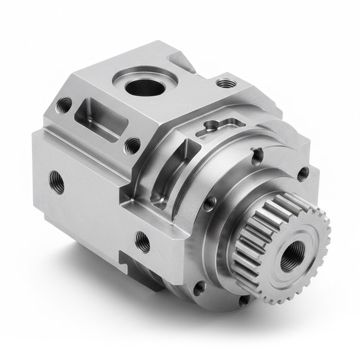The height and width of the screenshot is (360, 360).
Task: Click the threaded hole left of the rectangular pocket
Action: [64, 105]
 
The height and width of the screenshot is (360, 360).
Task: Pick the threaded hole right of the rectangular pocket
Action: [132, 146]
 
